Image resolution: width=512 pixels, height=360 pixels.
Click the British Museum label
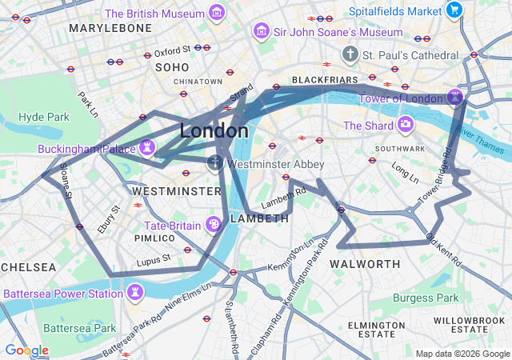(154, 13)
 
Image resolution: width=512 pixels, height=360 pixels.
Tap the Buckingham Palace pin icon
(146, 147)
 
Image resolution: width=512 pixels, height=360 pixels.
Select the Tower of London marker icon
(456, 98)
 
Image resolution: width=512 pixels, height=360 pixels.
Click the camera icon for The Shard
(406, 125)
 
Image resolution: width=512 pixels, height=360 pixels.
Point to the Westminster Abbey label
(275, 164)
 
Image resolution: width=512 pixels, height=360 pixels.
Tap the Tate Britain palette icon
(214, 224)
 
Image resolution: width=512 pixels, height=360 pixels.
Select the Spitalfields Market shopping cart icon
(454, 10)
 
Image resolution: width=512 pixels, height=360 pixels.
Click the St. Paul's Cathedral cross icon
(349, 54)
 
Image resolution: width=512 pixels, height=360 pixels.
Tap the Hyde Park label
(44, 117)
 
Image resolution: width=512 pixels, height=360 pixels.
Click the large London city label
(214, 130)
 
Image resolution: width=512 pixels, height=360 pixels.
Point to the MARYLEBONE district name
(110, 28)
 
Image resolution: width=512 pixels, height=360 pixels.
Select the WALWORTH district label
(365, 264)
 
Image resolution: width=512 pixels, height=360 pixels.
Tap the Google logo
(26, 350)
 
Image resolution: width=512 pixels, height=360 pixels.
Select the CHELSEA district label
(28, 266)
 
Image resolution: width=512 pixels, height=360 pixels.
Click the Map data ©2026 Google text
(462, 354)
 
